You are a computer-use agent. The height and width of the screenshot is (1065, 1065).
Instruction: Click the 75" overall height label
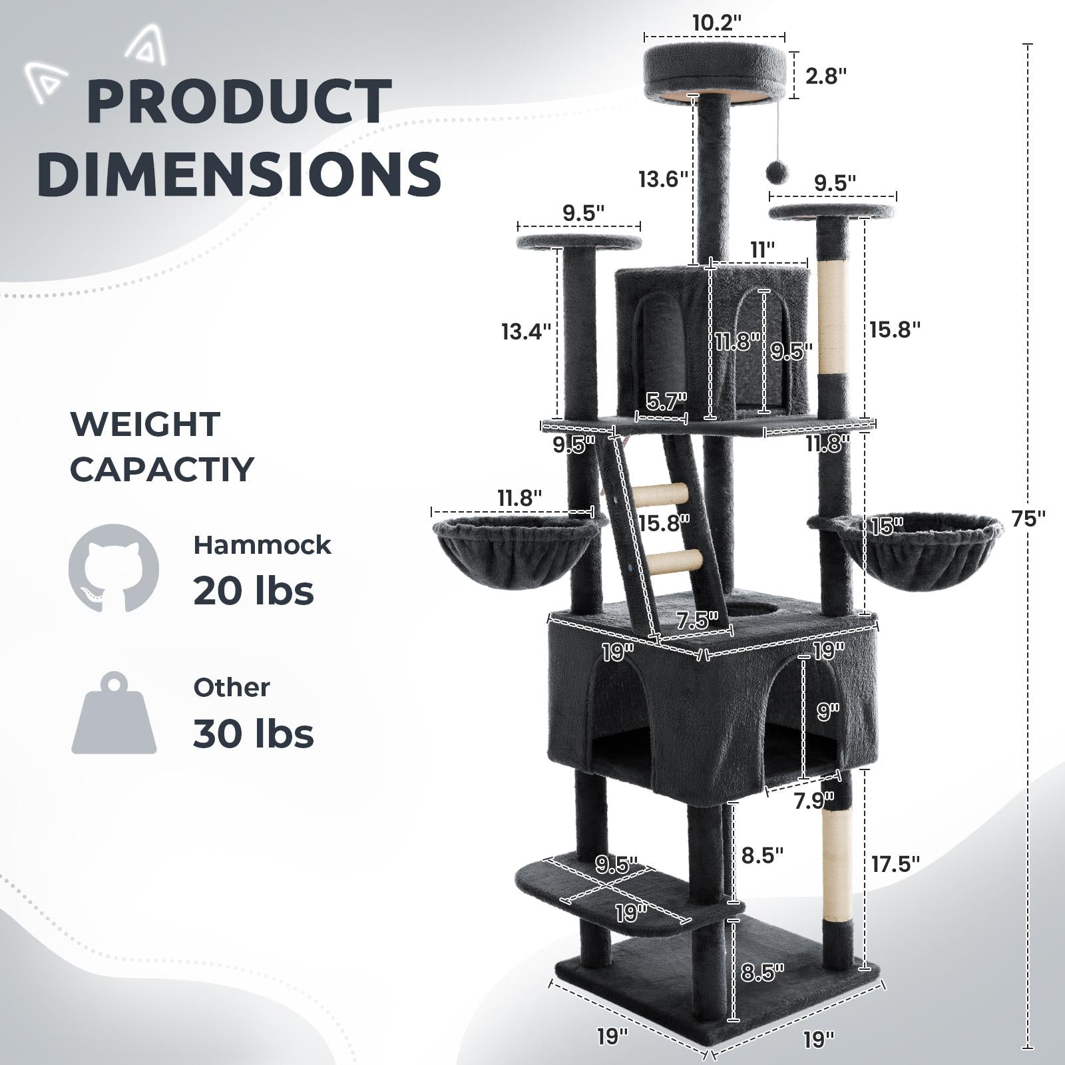point(1028,519)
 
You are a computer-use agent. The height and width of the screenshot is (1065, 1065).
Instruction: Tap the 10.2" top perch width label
point(716,23)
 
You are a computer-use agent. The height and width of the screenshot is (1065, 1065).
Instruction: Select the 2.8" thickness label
point(825,76)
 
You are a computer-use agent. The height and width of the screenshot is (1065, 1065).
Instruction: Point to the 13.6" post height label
point(662,179)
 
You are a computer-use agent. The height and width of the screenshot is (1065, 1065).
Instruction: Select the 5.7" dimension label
point(665,401)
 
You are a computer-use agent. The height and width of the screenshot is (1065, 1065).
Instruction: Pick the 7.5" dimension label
point(696,620)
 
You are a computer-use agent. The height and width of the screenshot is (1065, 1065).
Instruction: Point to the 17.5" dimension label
point(895,864)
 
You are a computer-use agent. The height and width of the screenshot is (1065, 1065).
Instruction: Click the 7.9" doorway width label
point(813,799)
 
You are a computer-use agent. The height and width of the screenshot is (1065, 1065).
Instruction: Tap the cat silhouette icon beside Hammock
point(114,568)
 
